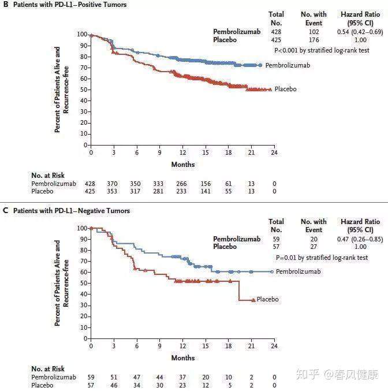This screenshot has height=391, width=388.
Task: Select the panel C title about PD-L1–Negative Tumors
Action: click(x=70, y=211)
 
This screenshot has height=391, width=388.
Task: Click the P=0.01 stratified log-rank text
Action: click(x=322, y=258)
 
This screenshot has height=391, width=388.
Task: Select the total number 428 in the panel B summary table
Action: click(x=277, y=32)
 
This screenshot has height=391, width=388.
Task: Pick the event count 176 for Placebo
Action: click(x=314, y=40)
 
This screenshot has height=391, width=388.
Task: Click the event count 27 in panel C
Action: click(x=314, y=247)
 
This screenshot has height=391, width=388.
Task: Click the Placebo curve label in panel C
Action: click(x=267, y=299)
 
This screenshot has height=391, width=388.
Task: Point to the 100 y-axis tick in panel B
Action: click(x=81, y=35)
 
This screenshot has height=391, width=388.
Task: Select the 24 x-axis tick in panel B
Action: click(x=274, y=153)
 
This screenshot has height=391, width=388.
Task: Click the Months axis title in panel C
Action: click(x=182, y=358)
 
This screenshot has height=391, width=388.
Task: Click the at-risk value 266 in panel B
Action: click(x=182, y=183)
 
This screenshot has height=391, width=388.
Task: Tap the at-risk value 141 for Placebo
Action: click(x=205, y=191)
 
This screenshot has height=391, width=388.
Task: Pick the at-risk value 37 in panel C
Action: click(x=182, y=377)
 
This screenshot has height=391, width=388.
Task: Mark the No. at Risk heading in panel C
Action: click(x=48, y=368)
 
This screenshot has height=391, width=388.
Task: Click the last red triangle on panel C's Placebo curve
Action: click(x=253, y=300)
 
